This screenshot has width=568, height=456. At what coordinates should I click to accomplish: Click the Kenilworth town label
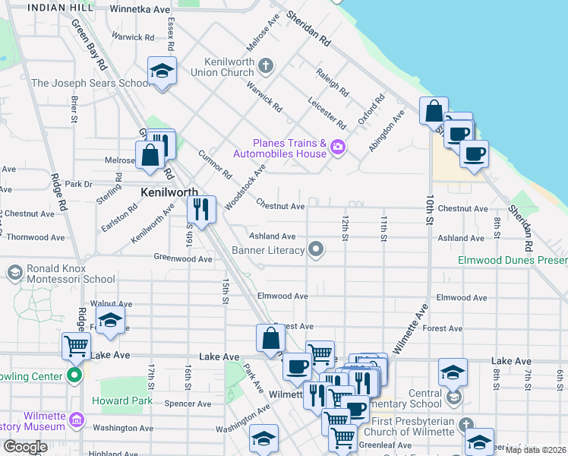[x=169, y=193]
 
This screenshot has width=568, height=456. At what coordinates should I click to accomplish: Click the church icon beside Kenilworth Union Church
[x=265, y=66]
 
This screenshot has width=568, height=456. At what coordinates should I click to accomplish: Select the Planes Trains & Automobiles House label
[x=289, y=148]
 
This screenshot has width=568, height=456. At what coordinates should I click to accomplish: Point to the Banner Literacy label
[x=268, y=249]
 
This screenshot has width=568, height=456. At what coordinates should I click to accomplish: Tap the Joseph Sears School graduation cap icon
[x=162, y=71]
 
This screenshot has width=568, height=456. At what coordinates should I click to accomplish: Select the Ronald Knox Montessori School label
[x=66, y=274]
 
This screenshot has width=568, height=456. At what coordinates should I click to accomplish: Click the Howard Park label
[x=118, y=401]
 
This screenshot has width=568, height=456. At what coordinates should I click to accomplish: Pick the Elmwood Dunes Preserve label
[x=513, y=261]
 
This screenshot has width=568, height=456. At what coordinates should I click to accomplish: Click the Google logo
[x=25, y=447]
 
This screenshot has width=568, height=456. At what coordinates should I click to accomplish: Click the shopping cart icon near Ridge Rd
[x=76, y=346]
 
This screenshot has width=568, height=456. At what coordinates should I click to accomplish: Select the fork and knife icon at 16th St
[x=201, y=209]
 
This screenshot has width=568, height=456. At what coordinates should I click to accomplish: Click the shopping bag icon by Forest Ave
[x=271, y=337]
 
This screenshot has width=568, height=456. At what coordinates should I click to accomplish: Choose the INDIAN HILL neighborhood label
[x=55, y=7]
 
